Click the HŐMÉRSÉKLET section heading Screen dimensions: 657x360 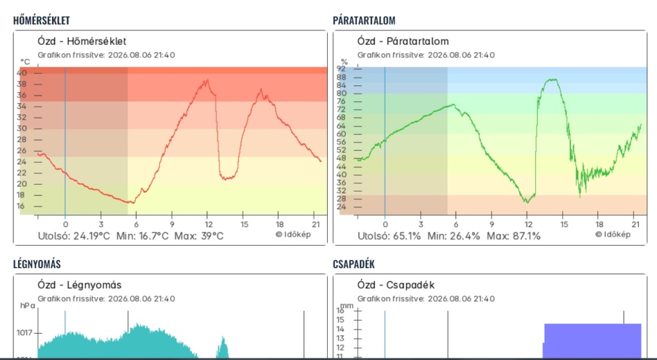pos(42,20)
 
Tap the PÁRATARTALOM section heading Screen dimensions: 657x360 pos(364,20)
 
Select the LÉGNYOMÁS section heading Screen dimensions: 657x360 pos(37,264)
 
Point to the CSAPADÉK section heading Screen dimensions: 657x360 pos(354,264)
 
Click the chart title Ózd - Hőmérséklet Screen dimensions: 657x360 pos(81,41)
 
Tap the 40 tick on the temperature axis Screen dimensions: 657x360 pos(22,73)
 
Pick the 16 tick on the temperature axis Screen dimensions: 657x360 pos(21,206)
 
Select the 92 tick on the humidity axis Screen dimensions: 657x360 pos(341,68)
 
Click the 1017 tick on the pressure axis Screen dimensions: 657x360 pos(24,333)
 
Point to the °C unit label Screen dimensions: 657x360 pos(25,62)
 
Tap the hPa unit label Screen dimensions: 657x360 pos(28,305)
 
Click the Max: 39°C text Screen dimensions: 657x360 pos(199,236)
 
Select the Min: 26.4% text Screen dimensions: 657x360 pos(454,236)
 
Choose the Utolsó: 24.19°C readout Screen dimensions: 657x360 pos(74,236)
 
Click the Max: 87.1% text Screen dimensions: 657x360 pos(514,236)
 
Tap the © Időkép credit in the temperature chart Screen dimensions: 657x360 pos(293,234)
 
